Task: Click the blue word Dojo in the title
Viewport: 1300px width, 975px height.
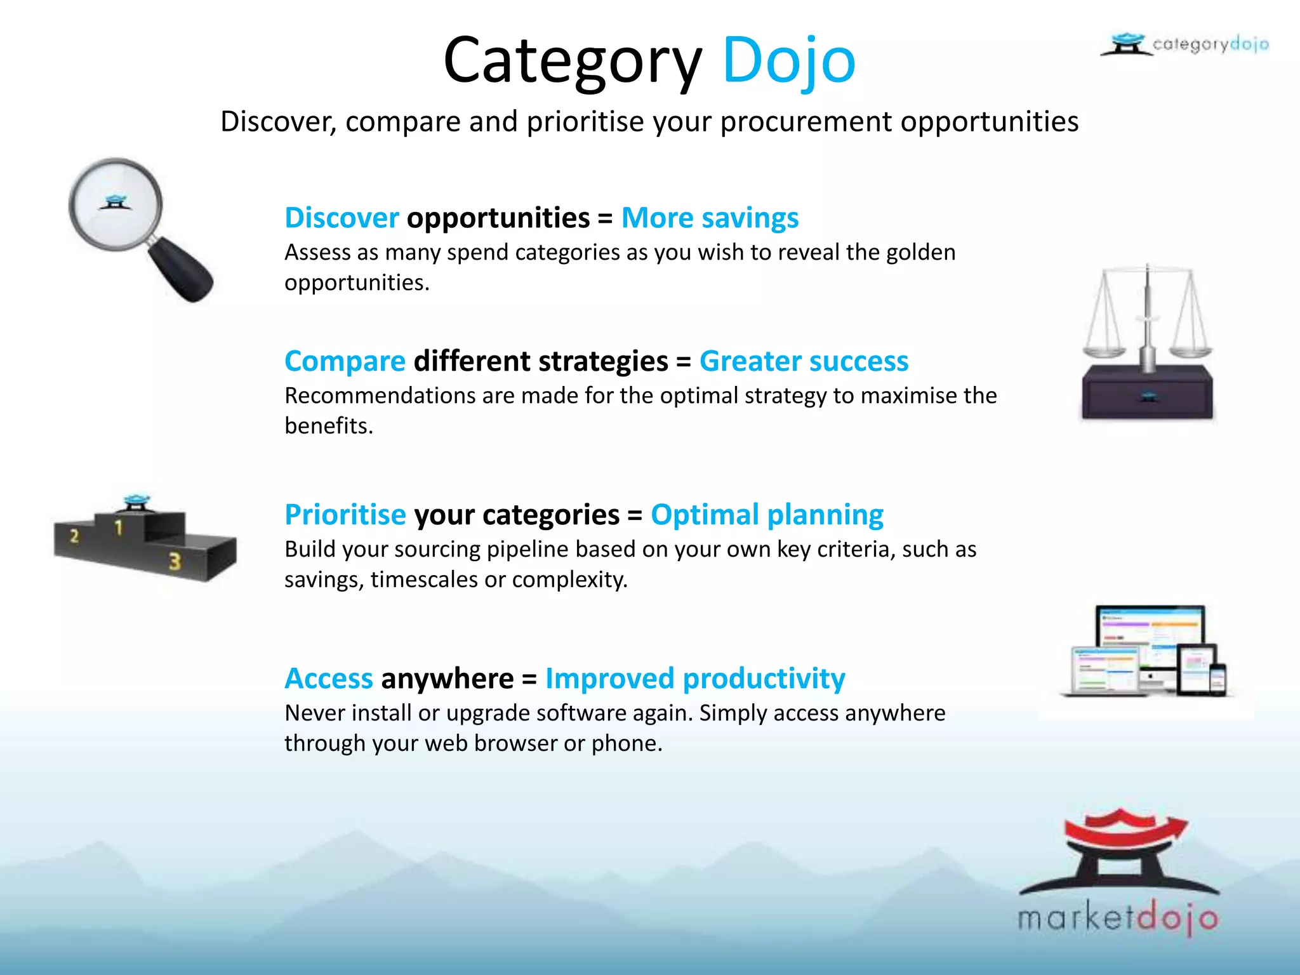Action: click(x=789, y=60)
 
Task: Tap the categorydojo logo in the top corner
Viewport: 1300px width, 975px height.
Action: click(x=1184, y=44)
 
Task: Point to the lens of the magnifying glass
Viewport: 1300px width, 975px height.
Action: click(x=116, y=204)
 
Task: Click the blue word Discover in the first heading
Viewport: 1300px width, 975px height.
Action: click(x=342, y=218)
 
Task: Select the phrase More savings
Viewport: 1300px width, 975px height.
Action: click(x=710, y=218)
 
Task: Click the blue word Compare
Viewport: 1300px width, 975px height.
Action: click(x=345, y=361)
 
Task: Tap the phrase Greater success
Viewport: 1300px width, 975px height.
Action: click(x=804, y=361)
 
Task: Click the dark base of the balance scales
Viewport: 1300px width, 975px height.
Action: click(x=1147, y=395)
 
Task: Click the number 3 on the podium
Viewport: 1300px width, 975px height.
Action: click(x=175, y=561)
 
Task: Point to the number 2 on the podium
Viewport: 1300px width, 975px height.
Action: click(x=74, y=536)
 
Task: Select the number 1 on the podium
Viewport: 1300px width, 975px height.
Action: click(x=118, y=527)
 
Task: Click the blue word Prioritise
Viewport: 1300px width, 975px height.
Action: click(x=345, y=515)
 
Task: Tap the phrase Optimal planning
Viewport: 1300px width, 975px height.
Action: click(x=767, y=515)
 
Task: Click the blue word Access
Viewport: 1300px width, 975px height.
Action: click(x=328, y=679)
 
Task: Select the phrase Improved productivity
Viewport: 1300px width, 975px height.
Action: click(x=695, y=679)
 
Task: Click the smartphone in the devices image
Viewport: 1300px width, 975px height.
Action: click(x=1217, y=680)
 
